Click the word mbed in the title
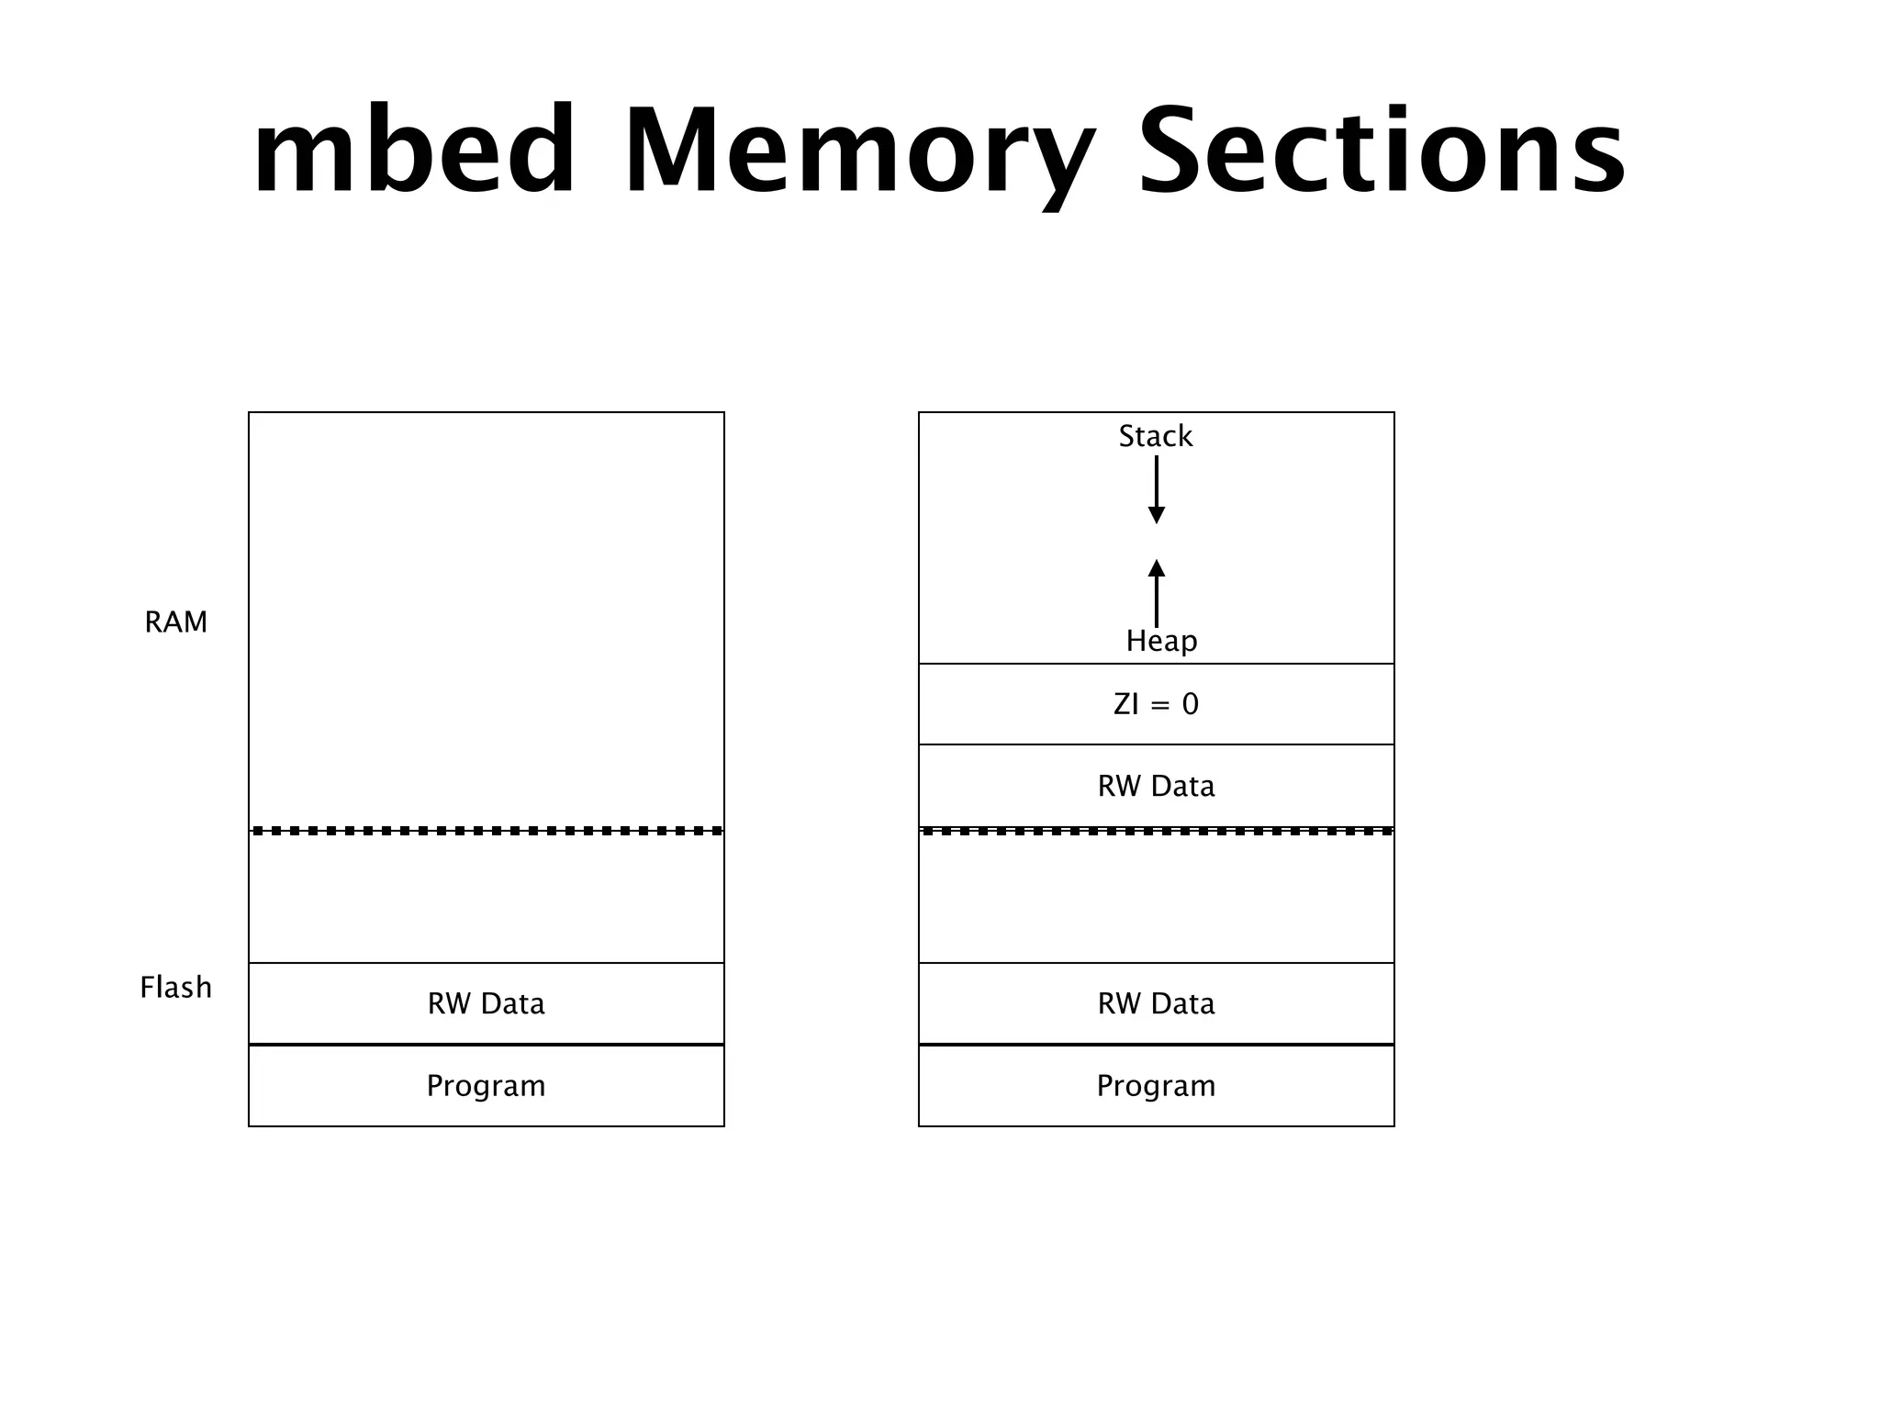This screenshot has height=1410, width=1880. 415,151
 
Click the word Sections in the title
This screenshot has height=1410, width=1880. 1382,151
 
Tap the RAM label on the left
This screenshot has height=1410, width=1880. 176,622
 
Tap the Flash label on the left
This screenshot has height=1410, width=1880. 176,988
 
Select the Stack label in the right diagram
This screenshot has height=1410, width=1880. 1155,436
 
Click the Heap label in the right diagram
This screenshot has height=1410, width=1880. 1161,641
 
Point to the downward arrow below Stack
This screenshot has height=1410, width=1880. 1157,491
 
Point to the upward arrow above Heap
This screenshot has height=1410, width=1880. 1157,592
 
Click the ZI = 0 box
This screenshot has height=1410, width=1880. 1156,704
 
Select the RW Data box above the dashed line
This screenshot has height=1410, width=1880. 1156,786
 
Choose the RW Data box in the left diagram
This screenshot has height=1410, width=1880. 486,1003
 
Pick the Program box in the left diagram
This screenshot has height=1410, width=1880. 486,1086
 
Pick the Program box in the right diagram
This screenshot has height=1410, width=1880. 1156,1086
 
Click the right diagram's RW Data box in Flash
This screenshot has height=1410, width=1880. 1156,1003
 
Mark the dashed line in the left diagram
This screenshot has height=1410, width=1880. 486,831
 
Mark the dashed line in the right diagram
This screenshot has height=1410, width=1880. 1156,831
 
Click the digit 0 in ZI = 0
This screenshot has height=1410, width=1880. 1190,704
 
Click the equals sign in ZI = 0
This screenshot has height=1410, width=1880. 1159,705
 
